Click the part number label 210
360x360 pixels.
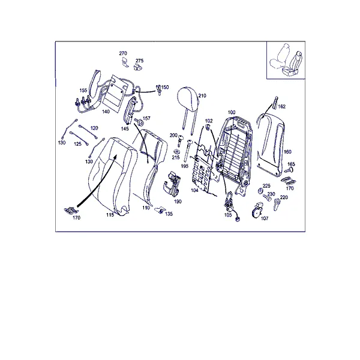click(202, 96)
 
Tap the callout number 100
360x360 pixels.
click(232, 112)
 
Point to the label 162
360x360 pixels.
click(282, 107)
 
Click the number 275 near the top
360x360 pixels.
click(140, 61)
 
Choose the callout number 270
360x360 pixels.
click(123, 53)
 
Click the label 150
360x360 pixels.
click(165, 87)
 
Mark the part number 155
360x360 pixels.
click(83, 90)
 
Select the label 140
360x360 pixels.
click(106, 112)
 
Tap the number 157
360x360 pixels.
click(146, 118)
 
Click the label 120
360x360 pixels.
click(94, 128)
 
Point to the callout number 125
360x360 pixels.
click(77, 144)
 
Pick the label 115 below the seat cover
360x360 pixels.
click(110, 215)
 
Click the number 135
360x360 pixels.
click(169, 214)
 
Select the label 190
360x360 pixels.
click(178, 202)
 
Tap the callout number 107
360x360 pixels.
click(265, 218)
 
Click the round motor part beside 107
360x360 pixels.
click(257, 210)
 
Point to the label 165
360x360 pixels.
click(291, 164)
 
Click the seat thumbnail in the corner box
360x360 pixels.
click(286, 60)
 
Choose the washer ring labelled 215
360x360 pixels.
click(177, 152)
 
